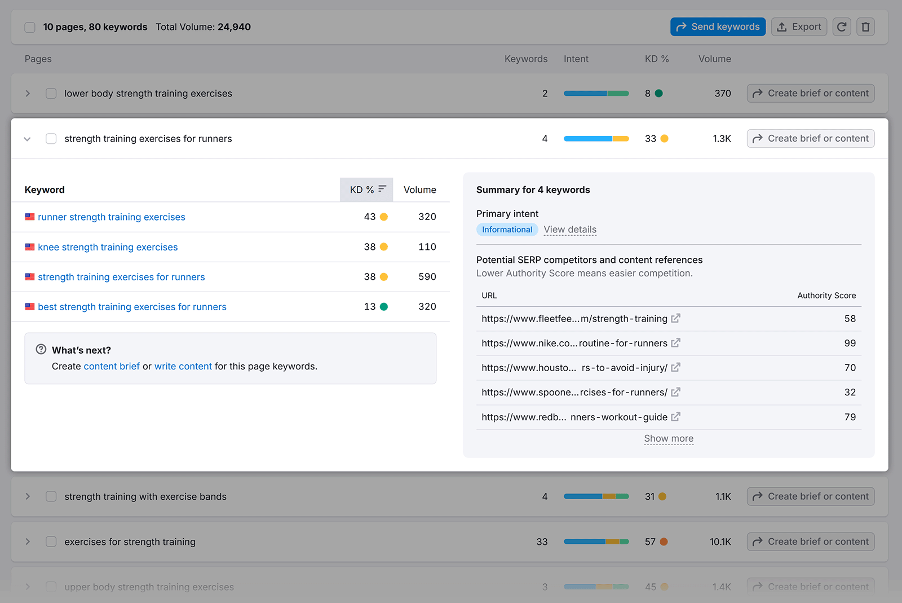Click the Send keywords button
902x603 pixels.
coord(718,27)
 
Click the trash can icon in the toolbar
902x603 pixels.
coord(865,27)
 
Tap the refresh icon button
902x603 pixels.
coord(842,27)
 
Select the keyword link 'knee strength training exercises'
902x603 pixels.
coord(108,247)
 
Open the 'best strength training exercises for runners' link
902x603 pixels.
coord(132,307)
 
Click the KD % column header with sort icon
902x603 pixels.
coord(366,190)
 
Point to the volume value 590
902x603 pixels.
coord(427,277)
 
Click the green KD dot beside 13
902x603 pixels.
coord(384,307)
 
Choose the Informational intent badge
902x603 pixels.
coord(507,230)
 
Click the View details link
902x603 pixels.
coord(570,230)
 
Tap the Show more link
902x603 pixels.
coord(669,439)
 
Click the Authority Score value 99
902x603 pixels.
coord(850,344)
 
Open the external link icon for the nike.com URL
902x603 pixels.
coord(676,343)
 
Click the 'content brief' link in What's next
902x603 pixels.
coord(112,367)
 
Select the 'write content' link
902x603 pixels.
coord(183,367)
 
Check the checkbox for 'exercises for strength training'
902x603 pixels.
coord(51,542)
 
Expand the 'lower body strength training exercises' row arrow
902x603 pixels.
coord(28,94)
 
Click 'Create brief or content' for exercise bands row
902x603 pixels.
coord(811,497)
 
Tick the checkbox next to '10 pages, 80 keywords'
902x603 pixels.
coord(30,27)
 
